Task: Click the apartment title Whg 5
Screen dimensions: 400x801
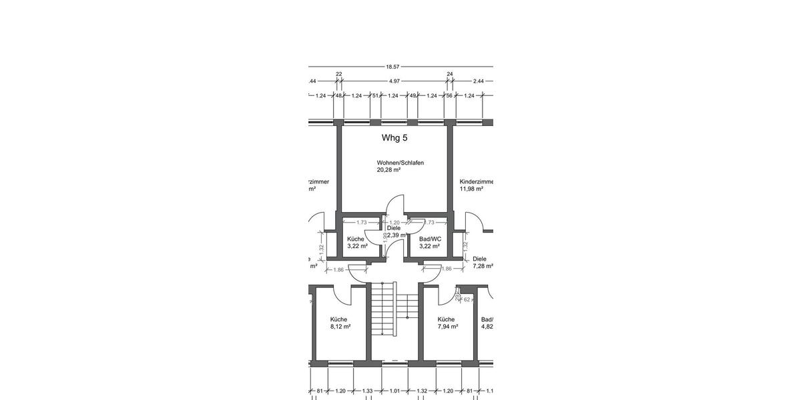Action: pyautogui.click(x=394, y=138)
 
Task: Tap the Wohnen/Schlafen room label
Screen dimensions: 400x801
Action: pyautogui.click(x=400, y=163)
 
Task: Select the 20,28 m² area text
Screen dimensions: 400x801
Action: pyautogui.click(x=388, y=171)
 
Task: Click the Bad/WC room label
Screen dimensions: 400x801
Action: pyautogui.click(x=431, y=239)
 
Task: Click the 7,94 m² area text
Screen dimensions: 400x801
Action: pyautogui.click(x=447, y=327)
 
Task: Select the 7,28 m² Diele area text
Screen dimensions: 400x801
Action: pyautogui.click(x=483, y=266)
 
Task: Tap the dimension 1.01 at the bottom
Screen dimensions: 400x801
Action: pyautogui.click(x=394, y=391)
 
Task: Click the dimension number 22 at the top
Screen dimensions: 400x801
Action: pyautogui.click(x=338, y=74)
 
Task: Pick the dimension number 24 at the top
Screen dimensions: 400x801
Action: pyautogui.click(x=450, y=74)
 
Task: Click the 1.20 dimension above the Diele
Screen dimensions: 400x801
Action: pyautogui.click(x=394, y=223)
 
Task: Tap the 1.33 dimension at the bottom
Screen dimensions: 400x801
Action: pyautogui.click(x=367, y=391)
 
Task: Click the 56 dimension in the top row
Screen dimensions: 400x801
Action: pyautogui.click(x=450, y=96)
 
